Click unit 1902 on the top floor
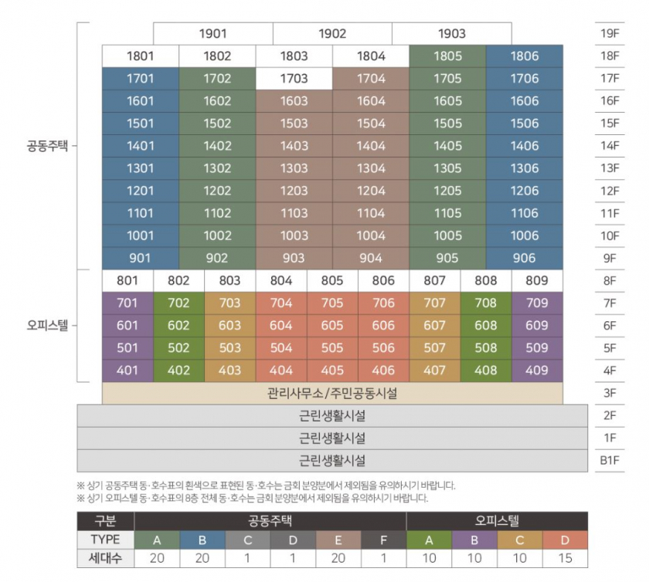click(x=332, y=34)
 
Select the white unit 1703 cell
click(x=294, y=79)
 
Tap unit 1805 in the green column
click(x=447, y=56)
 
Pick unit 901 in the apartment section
click(x=140, y=259)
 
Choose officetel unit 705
click(x=332, y=303)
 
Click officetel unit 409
click(x=537, y=371)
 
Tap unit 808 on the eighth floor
click(x=486, y=281)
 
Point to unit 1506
click(x=525, y=124)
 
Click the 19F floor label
click(x=610, y=34)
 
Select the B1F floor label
click(x=610, y=461)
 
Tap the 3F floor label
click(x=610, y=393)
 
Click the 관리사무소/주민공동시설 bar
click(x=332, y=393)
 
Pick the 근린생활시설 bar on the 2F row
click(x=332, y=415)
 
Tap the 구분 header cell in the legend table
click(x=105, y=521)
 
